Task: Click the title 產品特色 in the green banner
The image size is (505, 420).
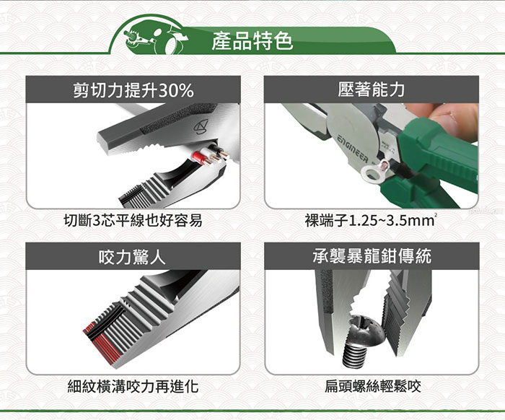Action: tap(252, 41)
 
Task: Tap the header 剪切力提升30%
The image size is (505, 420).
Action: tap(133, 90)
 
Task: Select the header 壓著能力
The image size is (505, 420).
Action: tap(372, 89)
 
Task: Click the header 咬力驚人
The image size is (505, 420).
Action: tap(132, 257)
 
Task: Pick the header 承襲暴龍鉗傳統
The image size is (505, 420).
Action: tap(372, 256)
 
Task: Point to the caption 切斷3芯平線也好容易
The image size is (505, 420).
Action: tap(133, 221)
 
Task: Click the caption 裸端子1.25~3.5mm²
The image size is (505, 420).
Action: tap(371, 221)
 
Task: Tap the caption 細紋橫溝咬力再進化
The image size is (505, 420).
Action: tap(133, 386)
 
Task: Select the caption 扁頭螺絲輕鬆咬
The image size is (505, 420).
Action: tap(373, 386)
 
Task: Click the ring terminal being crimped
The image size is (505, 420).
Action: tap(375, 169)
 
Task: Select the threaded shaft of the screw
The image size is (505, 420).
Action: tap(355, 355)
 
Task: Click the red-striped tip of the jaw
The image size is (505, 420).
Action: tap(102, 345)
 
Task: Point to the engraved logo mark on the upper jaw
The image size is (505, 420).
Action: tap(201, 126)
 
